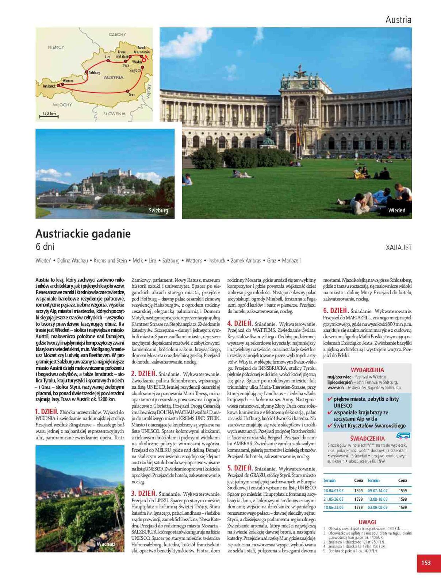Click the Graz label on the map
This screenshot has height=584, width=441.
pyautogui.click(x=132, y=95)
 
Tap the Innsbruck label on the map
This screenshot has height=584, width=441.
pyautogui.click(x=49, y=86)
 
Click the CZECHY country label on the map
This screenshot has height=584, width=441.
pyautogui.click(x=117, y=34)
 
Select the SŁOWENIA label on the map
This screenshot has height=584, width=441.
pyautogui.click(x=114, y=114)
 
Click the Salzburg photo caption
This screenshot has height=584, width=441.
pyautogui.click(x=158, y=210)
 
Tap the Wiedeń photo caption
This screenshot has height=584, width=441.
pyautogui.click(x=396, y=210)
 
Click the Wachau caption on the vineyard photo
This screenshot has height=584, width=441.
pyautogui.click(x=106, y=544)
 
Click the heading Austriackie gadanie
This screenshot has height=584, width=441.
pyautogui.click(x=83, y=234)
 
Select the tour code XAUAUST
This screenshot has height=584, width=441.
pyautogui.click(x=399, y=248)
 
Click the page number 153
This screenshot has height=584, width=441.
pyautogui.click(x=426, y=562)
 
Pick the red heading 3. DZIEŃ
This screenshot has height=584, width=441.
pyautogui.click(x=144, y=493)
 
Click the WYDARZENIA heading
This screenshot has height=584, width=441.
pyautogui.click(x=367, y=370)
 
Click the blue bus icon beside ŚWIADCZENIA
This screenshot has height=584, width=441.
pyautogui.click(x=403, y=435)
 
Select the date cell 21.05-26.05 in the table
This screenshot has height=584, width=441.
pyautogui.click(x=333, y=499)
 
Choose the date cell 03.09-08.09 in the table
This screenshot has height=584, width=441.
pyautogui.click(x=377, y=507)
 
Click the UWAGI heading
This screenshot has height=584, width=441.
pyautogui.click(x=367, y=522)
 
